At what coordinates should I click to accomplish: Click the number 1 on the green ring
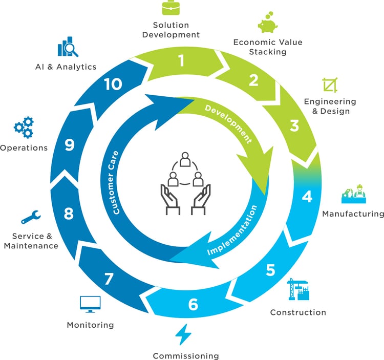[181, 61]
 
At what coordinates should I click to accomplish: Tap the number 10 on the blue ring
[113, 83]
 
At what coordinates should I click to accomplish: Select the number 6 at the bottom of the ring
[193, 304]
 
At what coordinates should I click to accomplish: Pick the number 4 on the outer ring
[307, 197]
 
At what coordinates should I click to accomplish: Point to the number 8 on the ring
[69, 213]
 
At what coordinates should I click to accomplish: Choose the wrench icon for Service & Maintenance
[30, 217]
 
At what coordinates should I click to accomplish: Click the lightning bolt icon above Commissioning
[183, 335]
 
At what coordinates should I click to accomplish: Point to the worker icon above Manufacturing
[354, 194]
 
